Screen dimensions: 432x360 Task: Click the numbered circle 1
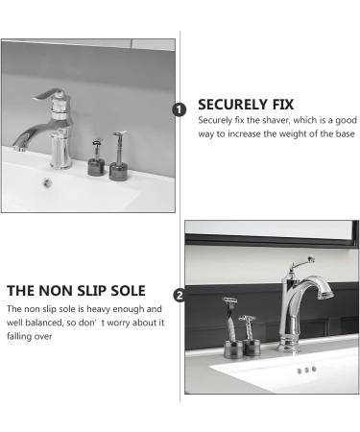click(x=178, y=109)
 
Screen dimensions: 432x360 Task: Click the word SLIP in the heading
click(x=87, y=290)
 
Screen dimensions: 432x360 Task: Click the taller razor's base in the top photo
click(x=118, y=172)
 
